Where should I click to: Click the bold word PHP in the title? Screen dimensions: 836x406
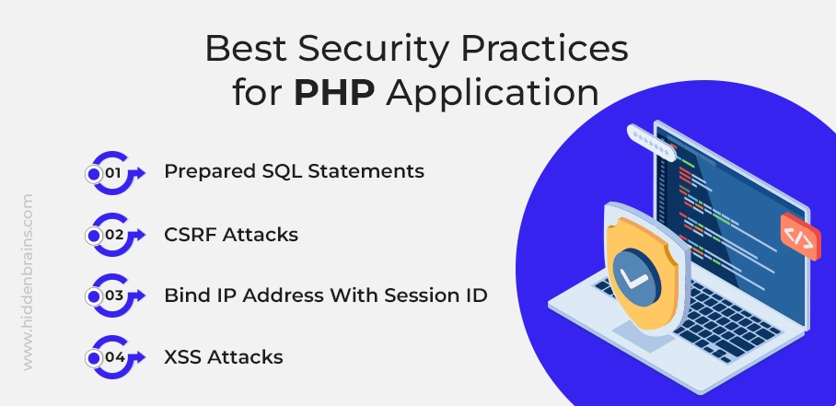(334, 93)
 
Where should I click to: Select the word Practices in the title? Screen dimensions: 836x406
(544, 49)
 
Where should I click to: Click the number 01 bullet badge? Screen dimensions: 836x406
(115, 173)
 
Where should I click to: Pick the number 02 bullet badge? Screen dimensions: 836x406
(115, 235)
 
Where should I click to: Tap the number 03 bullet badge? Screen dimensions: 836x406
(115, 296)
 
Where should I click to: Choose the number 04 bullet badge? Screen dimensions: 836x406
(115, 357)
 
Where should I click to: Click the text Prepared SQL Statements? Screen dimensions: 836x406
(295, 172)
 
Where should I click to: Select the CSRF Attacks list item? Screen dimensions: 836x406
(231, 235)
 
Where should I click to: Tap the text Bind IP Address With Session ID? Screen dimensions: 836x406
(326, 296)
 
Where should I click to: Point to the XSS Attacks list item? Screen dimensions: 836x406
(224, 356)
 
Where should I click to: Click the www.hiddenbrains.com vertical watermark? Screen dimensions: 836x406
(28, 283)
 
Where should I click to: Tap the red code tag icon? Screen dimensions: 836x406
(800, 237)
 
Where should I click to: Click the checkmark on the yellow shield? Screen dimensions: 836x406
(634, 278)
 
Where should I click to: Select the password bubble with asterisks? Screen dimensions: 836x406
(651, 143)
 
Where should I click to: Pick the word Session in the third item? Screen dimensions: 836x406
(419, 296)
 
